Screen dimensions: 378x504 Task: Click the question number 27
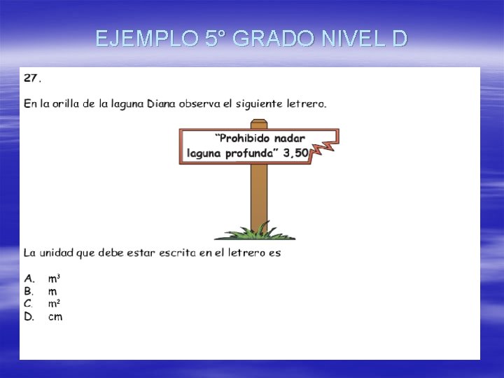coord(31,77)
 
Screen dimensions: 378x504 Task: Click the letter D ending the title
coord(399,38)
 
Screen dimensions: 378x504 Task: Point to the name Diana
coord(161,104)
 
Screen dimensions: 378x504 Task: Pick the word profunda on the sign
coord(251,153)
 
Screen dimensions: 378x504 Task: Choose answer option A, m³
coord(53,278)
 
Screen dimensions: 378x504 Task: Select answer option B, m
coord(52,290)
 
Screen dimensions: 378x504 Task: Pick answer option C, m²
coord(53,303)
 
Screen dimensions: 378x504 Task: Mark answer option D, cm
coord(55,316)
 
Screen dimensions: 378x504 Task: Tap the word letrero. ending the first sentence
coord(306,104)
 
